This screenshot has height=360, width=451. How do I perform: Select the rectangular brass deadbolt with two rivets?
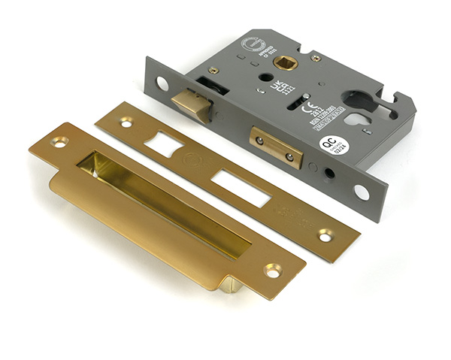(x=275, y=147)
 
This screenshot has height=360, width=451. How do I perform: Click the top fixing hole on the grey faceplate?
(x=162, y=83)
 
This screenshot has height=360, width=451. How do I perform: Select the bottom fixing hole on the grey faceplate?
(x=362, y=192)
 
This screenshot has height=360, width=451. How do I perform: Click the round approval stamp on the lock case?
(x=252, y=44)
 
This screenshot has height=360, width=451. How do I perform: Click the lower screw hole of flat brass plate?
(x=325, y=236)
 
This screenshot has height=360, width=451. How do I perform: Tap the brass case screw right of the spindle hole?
(x=316, y=58)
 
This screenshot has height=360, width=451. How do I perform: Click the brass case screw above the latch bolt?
(x=213, y=71)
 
